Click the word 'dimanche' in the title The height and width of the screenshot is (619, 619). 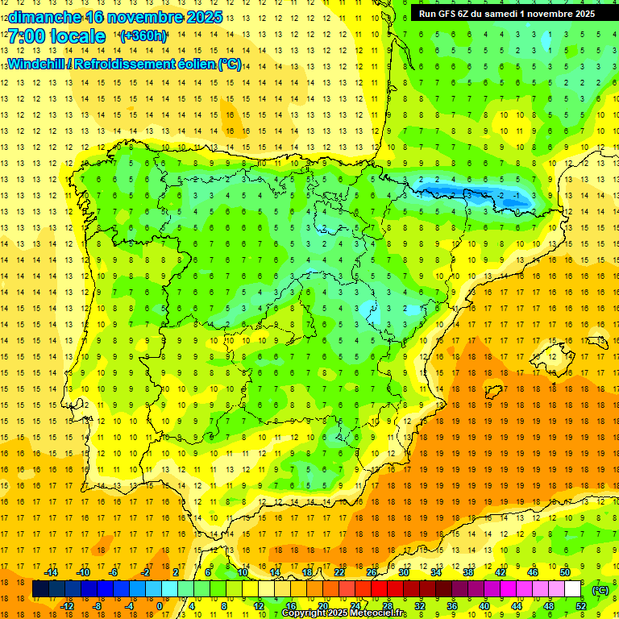[44, 16]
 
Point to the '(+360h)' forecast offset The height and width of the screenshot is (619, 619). [143, 36]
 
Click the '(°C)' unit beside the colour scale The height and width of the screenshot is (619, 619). [600, 590]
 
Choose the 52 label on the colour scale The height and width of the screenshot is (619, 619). [581, 606]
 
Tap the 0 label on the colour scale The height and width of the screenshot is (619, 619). [160, 606]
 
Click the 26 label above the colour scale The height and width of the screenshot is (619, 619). [371, 572]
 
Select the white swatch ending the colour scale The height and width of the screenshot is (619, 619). [573, 589]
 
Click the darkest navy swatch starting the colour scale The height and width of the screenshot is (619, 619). [40, 589]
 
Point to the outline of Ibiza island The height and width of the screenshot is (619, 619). [496, 389]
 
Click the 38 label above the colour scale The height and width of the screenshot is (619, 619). [467, 572]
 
